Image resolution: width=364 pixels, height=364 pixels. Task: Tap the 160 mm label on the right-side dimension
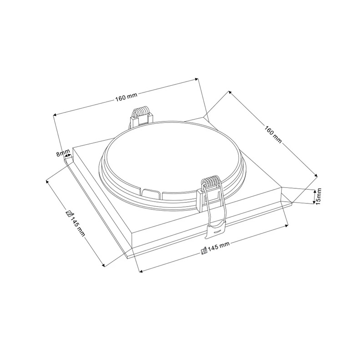pyautogui.click(x=273, y=134)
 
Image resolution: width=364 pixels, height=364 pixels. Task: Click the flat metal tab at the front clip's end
pyautogui.click(x=215, y=229)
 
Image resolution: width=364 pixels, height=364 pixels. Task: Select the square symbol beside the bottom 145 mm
pyautogui.click(x=204, y=251)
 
